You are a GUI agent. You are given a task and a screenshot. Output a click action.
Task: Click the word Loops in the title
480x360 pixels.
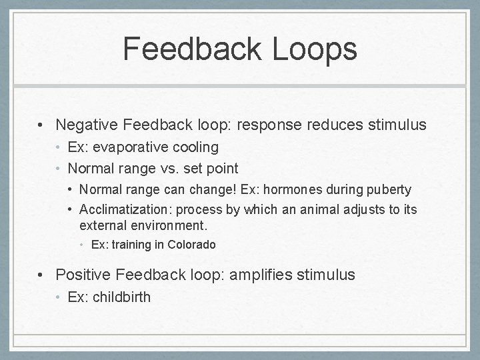[x=315, y=49]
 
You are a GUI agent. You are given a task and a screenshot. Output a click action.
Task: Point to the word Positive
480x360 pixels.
[x=83, y=275]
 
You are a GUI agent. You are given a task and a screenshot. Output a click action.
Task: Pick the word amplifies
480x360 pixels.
[x=260, y=275]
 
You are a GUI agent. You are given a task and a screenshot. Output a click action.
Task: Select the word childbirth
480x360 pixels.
[x=121, y=297]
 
